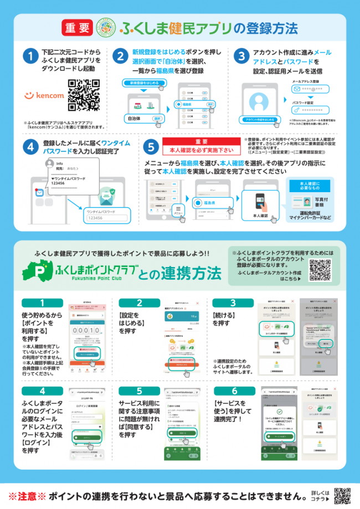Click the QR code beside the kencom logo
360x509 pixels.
pos(83,95)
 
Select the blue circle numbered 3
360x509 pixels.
pos(240,56)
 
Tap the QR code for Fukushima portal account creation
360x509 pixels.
pos(321,269)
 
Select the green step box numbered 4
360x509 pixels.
pos(43,390)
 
